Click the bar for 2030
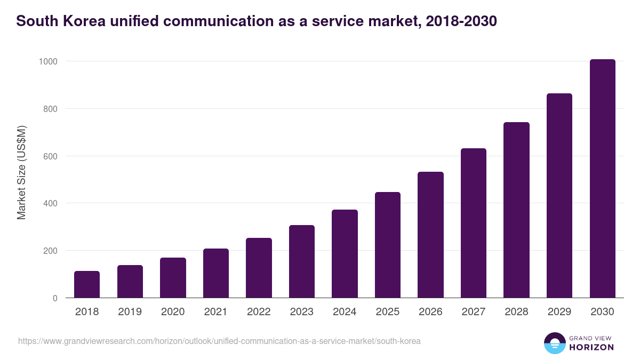602,179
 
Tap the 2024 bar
345,254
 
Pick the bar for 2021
216,273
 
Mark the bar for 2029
559,196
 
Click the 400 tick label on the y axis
50,203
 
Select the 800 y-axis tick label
50,109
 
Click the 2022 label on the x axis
259,312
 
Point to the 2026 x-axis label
430,312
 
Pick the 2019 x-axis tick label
130,312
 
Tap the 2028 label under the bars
516,312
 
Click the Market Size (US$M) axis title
22,173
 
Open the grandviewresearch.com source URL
219,341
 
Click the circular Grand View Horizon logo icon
554,343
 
